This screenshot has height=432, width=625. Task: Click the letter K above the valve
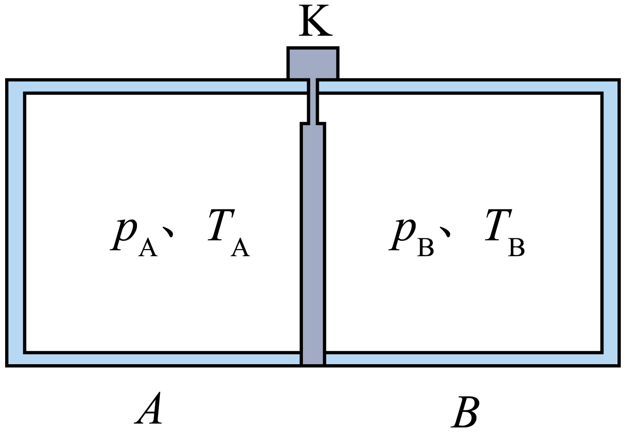tap(316, 21)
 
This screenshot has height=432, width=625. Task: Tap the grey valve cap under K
tap(313, 63)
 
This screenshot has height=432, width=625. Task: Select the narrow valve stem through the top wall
tap(313, 101)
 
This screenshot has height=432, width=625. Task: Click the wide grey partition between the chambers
tap(313, 244)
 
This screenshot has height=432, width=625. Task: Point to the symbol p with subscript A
tap(134, 237)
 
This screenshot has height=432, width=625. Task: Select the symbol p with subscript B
tap(411, 237)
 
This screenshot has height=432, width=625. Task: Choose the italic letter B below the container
tap(466, 411)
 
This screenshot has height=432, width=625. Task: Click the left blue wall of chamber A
tap(15, 223)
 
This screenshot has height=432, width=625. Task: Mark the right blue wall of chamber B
tap(610, 223)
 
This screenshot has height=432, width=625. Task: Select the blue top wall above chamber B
tap(469, 86)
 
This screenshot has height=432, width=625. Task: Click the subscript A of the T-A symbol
tap(240, 248)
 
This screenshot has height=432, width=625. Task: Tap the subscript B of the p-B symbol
tap(425, 248)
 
